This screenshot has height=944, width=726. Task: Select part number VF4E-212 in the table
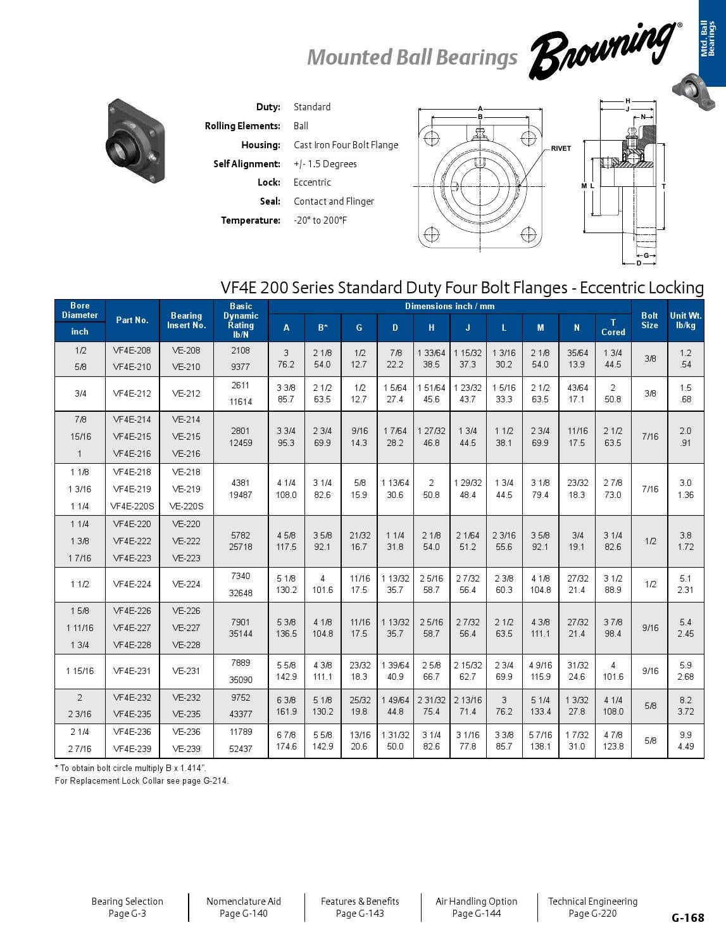[x=132, y=393]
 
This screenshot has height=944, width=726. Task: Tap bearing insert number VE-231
[x=186, y=671]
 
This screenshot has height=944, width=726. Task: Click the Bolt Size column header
[x=649, y=320]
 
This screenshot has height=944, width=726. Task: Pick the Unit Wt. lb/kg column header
[x=685, y=320]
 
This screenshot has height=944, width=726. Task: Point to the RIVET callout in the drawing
[x=561, y=148]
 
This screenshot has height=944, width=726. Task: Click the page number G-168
[x=687, y=917]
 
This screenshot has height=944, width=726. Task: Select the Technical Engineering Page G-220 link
[x=592, y=907]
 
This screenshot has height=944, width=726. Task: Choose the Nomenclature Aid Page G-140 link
[x=244, y=907]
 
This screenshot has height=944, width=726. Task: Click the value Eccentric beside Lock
[x=312, y=182]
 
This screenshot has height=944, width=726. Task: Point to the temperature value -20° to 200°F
[x=320, y=220]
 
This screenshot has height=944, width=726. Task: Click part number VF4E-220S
[x=132, y=506]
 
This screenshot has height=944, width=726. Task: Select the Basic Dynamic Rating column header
[x=241, y=320]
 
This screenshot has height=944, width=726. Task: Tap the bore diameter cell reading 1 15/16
[x=80, y=671]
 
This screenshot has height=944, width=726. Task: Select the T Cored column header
[x=613, y=327]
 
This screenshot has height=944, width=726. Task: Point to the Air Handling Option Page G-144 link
[x=476, y=907]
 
